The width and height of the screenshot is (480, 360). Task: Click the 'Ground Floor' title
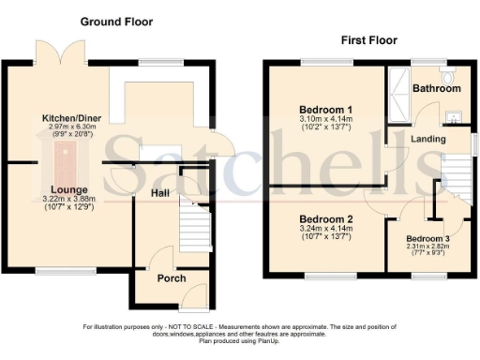coord(116,22)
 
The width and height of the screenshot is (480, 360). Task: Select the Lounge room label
coord(57,188)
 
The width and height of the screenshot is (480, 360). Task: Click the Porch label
coord(172,278)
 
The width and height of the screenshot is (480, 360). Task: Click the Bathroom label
coord(437,89)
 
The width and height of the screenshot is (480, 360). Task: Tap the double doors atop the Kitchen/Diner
coord(52,53)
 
